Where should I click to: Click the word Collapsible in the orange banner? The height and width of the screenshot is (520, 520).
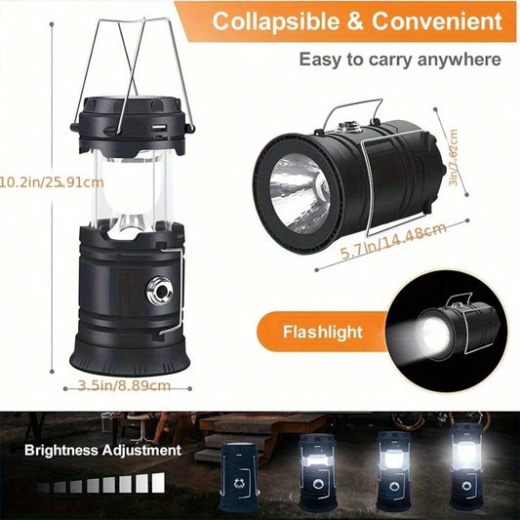click(x=276, y=20)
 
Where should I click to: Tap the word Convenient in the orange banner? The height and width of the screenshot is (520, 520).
click(x=437, y=20)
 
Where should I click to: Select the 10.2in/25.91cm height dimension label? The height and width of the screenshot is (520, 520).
click(x=52, y=182)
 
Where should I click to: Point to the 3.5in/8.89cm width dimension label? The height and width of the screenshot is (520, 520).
click(x=124, y=385)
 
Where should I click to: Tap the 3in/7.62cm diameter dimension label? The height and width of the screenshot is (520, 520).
click(x=453, y=158)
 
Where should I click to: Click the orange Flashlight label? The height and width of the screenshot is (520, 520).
click(x=323, y=332)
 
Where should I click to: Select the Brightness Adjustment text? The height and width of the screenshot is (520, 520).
click(x=102, y=451)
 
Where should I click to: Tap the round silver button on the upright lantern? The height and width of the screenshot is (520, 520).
click(x=160, y=291)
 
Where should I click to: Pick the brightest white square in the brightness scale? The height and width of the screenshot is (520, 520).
click(x=158, y=483)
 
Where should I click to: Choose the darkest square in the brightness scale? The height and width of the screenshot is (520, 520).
click(x=43, y=488)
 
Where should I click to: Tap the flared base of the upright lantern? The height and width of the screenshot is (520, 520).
click(x=130, y=359)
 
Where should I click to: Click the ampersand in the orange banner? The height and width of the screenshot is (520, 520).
click(x=355, y=21)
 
